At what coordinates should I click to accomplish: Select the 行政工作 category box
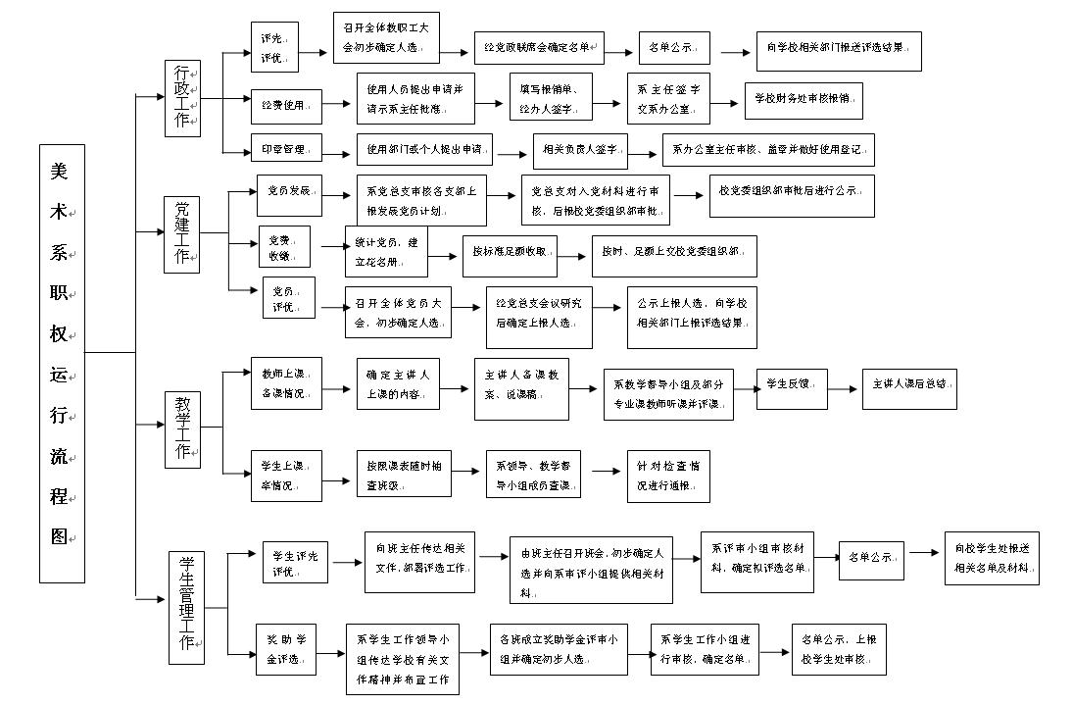(x=182, y=97)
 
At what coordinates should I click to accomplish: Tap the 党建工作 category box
(x=182, y=233)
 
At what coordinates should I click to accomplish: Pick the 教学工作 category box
(x=182, y=426)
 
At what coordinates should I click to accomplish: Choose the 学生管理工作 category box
(x=186, y=602)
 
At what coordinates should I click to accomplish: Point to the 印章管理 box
(x=285, y=150)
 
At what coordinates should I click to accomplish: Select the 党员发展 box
(x=289, y=196)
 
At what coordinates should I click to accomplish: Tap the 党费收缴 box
(x=284, y=246)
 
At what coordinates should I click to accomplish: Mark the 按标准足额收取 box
(x=509, y=256)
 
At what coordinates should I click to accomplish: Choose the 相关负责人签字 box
(x=579, y=150)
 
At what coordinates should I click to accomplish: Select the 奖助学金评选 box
(x=286, y=648)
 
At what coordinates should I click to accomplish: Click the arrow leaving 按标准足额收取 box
(x=574, y=257)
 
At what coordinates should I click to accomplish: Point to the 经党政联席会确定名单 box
(x=539, y=47)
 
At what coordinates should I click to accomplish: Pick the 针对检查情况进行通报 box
(x=668, y=476)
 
